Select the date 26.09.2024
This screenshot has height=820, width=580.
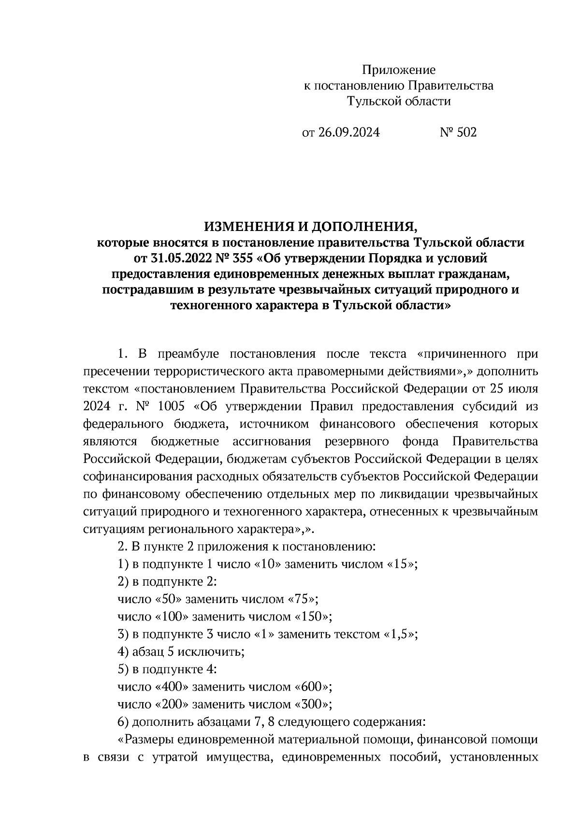pos(348,132)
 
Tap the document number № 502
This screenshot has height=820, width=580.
pos(458,132)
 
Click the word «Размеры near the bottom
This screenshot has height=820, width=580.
pos(145,740)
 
